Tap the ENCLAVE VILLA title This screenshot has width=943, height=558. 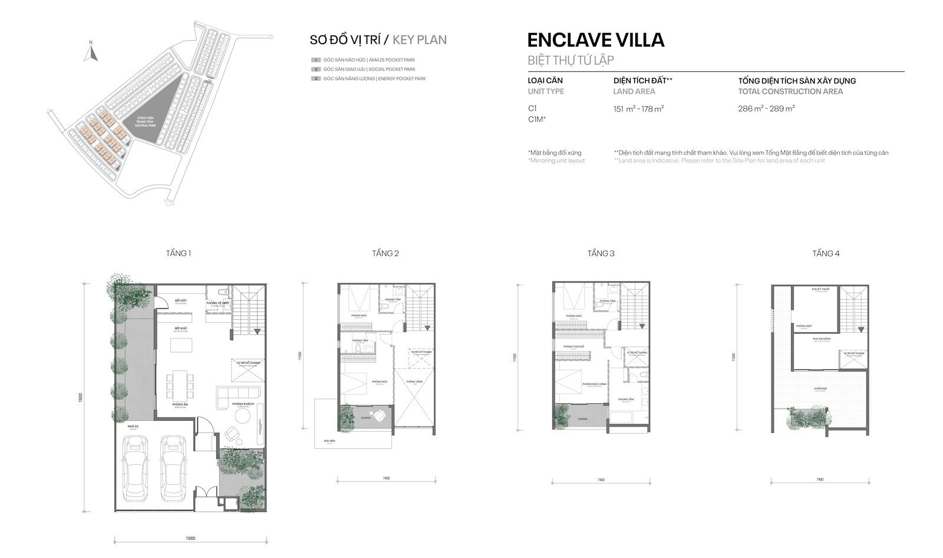[595, 40]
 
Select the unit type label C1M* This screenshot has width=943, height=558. [536, 119]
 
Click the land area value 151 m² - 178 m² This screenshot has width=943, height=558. [638, 109]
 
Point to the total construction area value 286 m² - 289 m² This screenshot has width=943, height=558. [766, 109]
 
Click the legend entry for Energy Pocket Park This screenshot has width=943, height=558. [374, 78]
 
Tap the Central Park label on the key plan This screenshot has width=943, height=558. [145, 122]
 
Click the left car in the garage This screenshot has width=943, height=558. [136, 467]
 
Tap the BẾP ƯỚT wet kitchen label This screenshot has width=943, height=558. [181, 301]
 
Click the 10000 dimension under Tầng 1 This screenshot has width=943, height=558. [190, 538]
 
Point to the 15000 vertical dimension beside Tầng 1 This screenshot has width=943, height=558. [80, 397]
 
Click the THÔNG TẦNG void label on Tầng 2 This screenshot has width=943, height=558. [414, 382]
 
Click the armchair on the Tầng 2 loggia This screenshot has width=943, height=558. [381, 415]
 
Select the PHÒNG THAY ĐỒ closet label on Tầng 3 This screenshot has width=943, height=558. [573, 347]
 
